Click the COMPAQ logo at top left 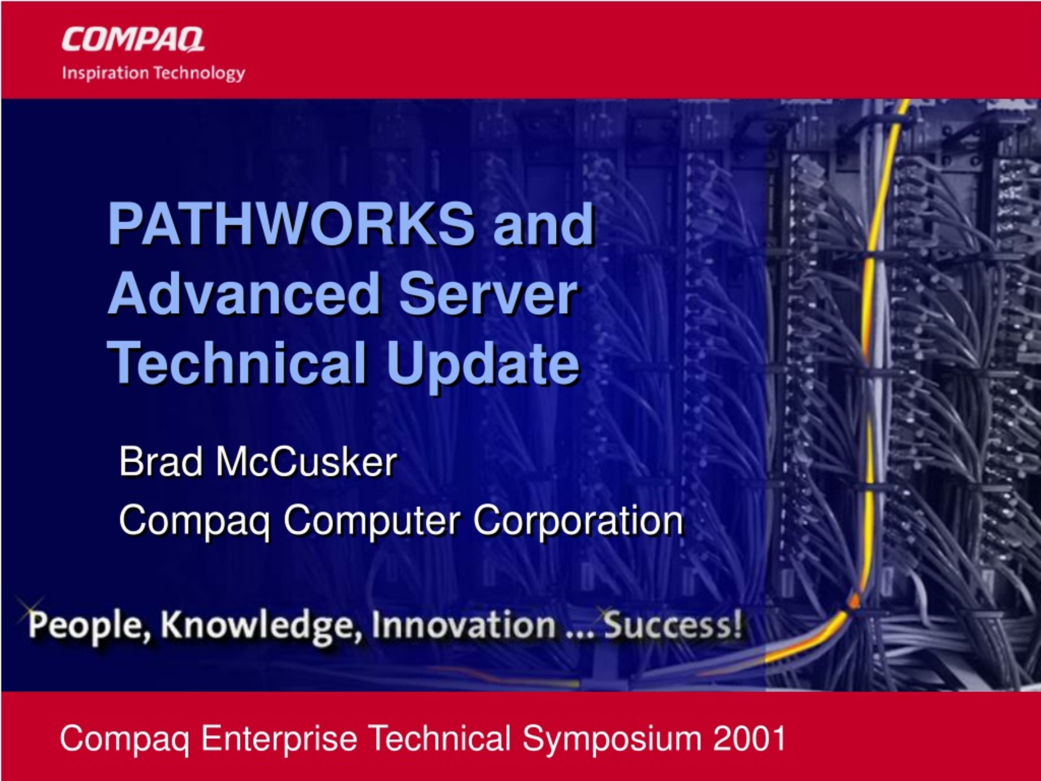click(133, 39)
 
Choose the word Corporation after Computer click(578, 521)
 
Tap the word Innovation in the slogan click(463, 625)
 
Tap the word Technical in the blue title click(237, 363)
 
